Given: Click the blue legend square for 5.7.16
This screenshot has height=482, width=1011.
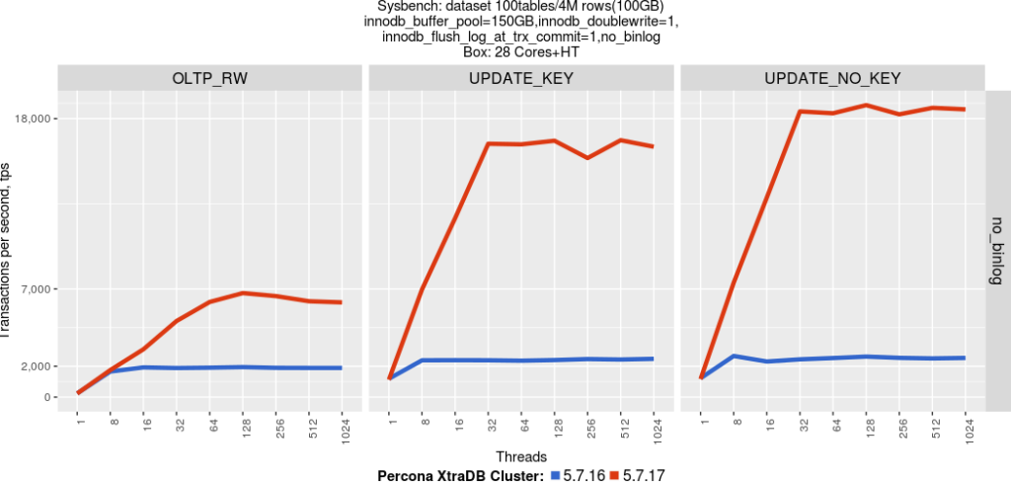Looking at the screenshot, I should tap(555, 475).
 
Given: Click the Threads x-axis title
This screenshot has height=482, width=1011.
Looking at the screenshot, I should tap(520, 456).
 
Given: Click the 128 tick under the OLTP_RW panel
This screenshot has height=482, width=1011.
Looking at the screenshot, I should tap(243, 432).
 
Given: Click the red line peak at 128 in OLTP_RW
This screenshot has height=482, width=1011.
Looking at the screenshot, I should tap(243, 293).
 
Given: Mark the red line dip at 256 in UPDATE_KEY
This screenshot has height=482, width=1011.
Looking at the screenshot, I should tap(587, 158).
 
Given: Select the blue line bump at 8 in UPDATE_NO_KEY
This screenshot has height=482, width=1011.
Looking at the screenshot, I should tap(734, 356).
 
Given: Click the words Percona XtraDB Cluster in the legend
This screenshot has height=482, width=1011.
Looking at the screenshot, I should tap(460, 475).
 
